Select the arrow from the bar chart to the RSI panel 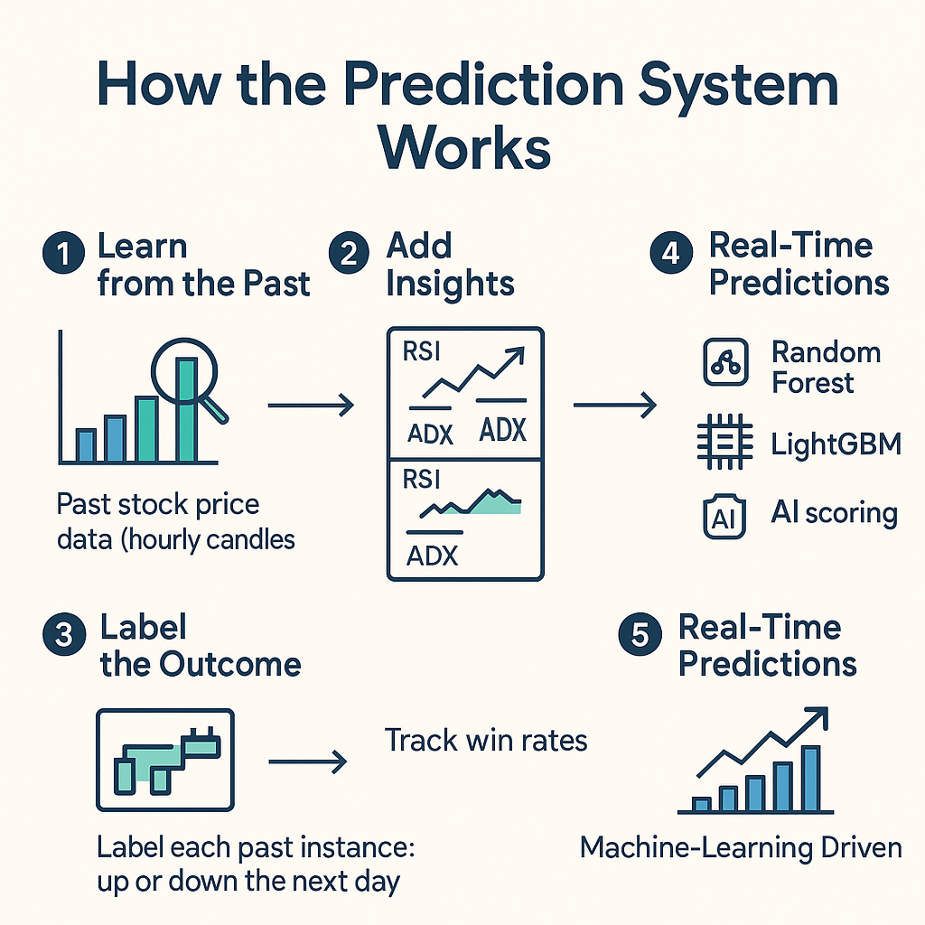pos(311,406)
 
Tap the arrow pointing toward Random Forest pos(614,406)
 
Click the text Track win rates pos(486,741)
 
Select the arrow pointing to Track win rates pos(307,762)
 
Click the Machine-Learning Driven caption pos(741,848)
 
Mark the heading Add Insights pos(449,265)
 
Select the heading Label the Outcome pos(200,646)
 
